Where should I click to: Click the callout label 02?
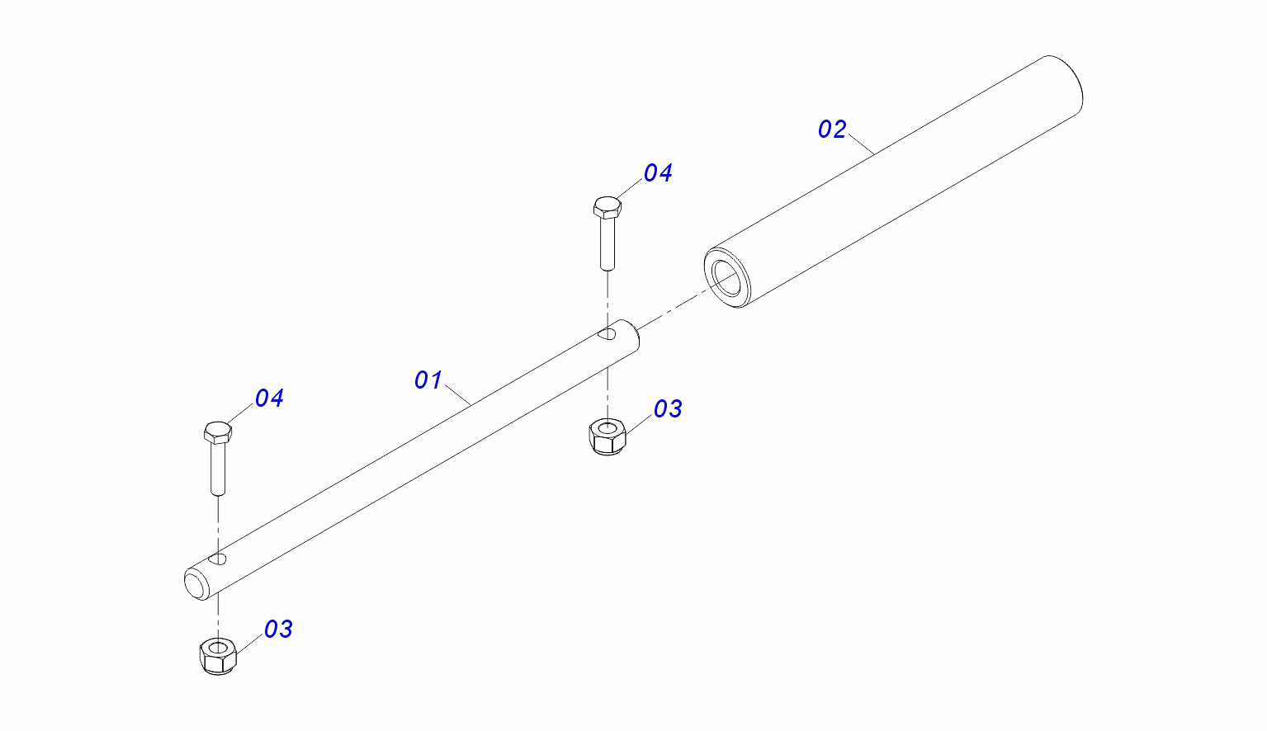pos(832,130)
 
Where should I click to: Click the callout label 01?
pos(428,380)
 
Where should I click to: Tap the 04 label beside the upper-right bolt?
pos(658,173)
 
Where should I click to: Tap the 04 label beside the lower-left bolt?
pos(269,399)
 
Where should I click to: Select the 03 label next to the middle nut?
pos(668,409)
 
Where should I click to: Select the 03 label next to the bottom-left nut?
pos(278,630)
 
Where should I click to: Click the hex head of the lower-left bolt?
pos(217,432)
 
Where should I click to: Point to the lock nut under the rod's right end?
pos(608,436)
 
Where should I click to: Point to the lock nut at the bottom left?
pos(219,656)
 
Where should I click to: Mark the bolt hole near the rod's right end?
pos(608,334)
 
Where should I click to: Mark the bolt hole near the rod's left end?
pos(219,559)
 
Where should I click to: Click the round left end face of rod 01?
pos(196,583)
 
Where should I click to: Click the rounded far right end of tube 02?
pos(1070,81)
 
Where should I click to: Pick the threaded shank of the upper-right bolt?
pos(607,243)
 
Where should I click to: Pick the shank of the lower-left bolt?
pos(218,468)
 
